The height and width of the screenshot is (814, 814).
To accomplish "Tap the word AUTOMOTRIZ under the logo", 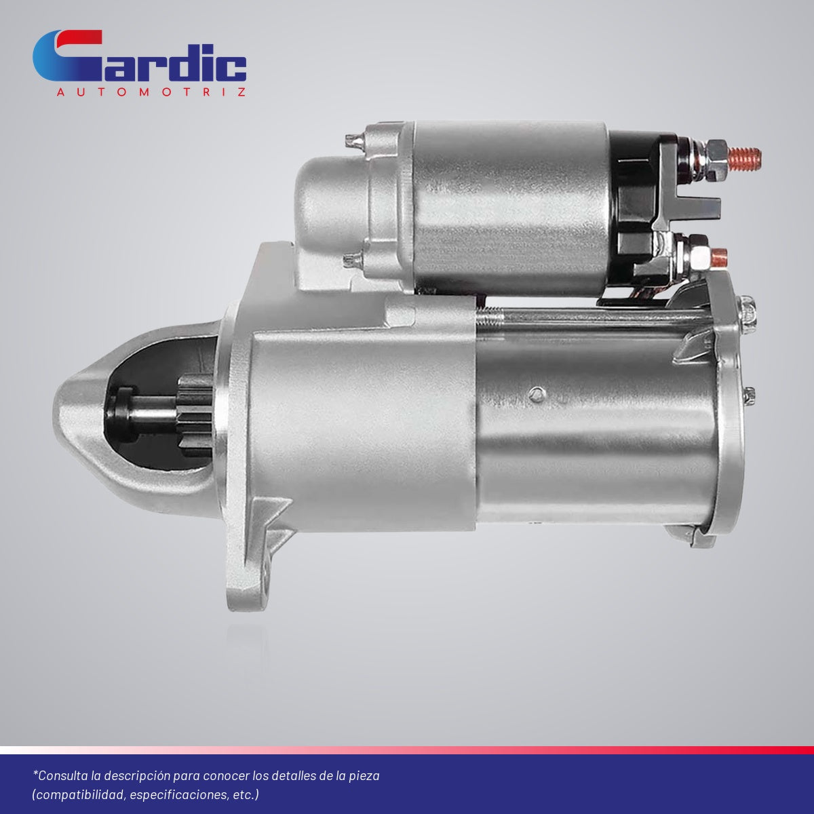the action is (151, 92).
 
